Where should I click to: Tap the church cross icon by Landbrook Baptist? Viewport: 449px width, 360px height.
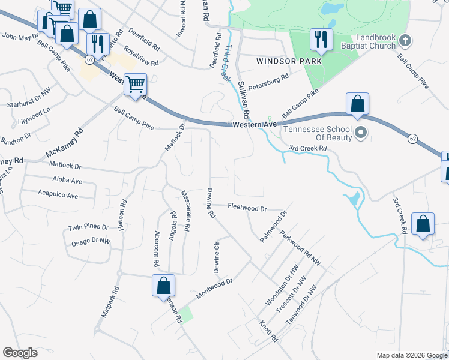coord(405,41)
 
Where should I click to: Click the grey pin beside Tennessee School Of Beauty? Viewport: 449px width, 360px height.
coord(360,132)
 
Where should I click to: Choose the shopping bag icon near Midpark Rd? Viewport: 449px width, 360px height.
coord(163,286)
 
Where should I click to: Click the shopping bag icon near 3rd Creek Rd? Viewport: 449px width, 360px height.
coord(423,224)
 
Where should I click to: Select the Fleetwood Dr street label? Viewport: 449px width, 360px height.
coord(247,207)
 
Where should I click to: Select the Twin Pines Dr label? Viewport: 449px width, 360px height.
coord(88,227)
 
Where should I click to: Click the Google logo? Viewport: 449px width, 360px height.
coord(20,353)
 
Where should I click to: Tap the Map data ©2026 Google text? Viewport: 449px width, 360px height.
coord(411,355)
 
